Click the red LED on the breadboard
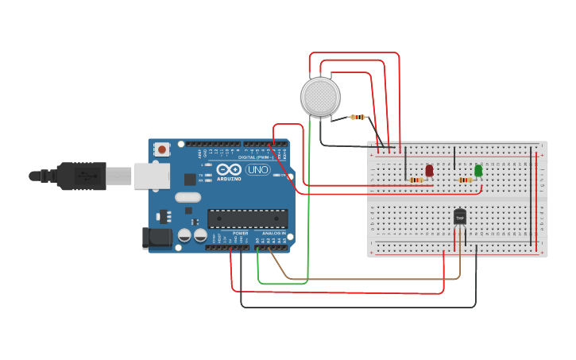click(x=429, y=170)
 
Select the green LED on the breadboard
click(x=478, y=170)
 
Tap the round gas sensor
click(x=320, y=97)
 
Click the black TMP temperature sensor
click(x=459, y=216)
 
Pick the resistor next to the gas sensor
click(x=358, y=117)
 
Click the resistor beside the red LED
click(x=416, y=180)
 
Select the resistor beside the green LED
click(x=465, y=180)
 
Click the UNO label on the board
click(x=257, y=170)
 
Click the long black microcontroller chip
click(x=247, y=219)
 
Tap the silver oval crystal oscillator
click(x=188, y=196)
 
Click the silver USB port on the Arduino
click(x=151, y=176)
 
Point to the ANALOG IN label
click(x=273, y=233)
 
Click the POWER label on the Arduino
click(x=240, y=233)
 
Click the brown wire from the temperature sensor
click(x=373, y=279)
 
